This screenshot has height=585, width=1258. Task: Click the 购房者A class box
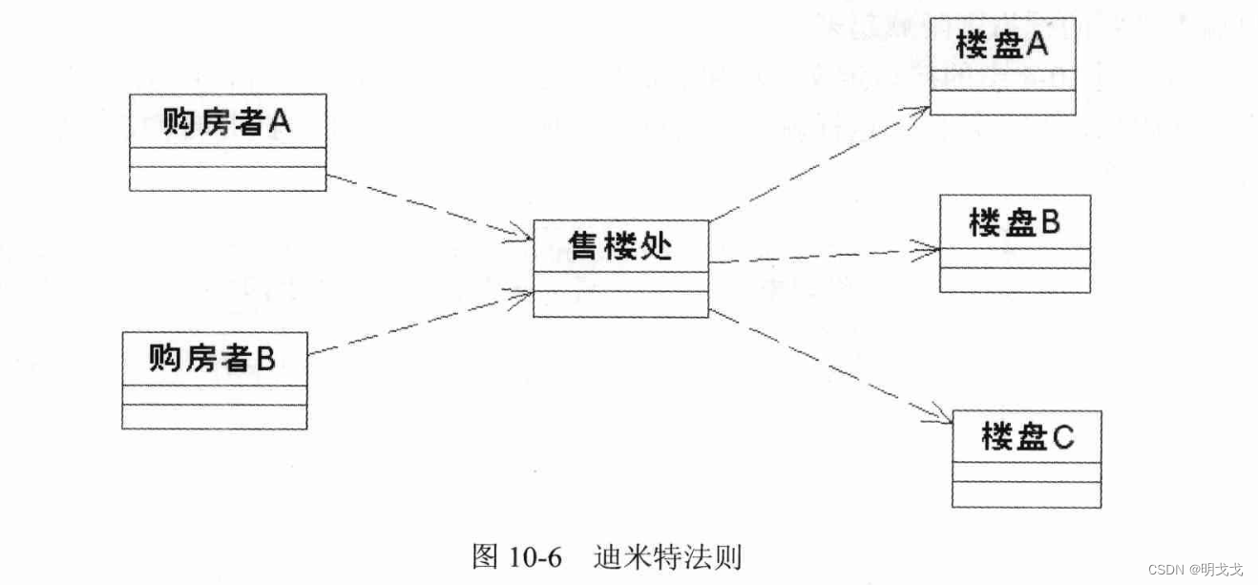coord(227,142)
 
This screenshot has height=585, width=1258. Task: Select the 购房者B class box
coord(215,380)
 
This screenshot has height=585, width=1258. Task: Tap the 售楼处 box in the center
coord(620,268)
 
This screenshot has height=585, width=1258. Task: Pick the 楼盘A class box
coord(1002,66)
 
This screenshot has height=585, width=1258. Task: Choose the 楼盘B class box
coord(1015,243)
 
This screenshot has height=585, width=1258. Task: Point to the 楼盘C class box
coord(1027,459)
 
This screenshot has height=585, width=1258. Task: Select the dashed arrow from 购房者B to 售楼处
coord(420,324)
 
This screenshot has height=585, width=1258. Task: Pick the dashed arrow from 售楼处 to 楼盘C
coord(830,366)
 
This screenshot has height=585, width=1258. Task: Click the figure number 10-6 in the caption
coord(536,556)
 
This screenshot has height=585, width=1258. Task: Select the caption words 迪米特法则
coord(667,556)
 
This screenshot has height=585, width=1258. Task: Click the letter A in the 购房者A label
coord(280,121)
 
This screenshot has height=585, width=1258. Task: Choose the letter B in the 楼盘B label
coord(1050,223)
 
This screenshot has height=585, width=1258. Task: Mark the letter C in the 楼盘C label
coord(1063,438)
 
